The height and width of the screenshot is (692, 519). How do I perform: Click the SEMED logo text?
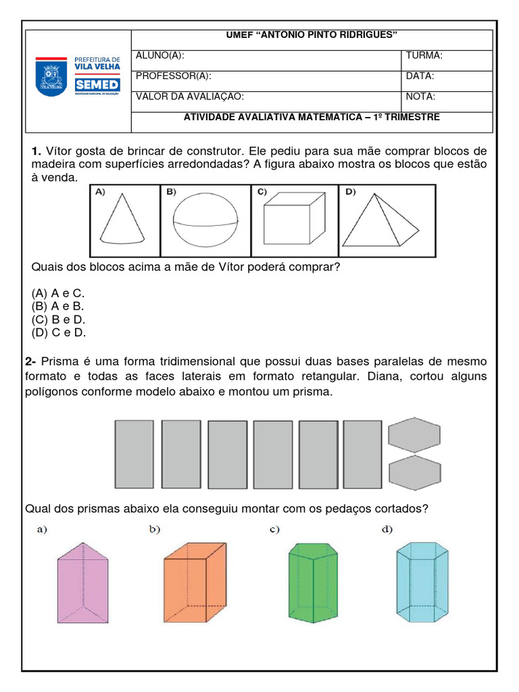tap(98, 84)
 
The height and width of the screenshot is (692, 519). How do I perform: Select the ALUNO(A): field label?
tap(160, 56)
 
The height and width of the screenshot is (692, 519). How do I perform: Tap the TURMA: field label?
tap(424, 56)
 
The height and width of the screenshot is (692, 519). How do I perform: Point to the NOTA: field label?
tap(420, 97)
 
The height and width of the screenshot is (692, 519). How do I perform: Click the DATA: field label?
tap(420, 76)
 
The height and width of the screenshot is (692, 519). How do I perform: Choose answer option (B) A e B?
tap(57, 306)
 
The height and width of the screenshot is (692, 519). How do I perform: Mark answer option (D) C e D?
tap(58, 332)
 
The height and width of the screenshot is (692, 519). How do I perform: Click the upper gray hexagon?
tap(414, 434)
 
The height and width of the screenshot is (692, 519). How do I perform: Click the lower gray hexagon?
tap(414, 472)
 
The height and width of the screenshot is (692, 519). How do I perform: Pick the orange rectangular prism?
tap(194, 583)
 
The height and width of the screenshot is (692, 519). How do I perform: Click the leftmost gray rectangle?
tap(134, 455)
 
